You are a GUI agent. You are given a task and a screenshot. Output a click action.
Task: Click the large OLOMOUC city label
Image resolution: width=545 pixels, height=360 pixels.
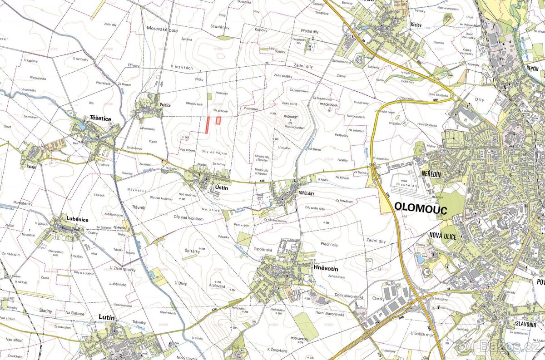(x=421, y=208)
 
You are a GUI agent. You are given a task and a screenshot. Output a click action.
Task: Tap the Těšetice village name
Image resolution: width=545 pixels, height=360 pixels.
(x=100, y=117)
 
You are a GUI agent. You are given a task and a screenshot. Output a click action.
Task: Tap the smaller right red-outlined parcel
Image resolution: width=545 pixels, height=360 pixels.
(x=218, y=120)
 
